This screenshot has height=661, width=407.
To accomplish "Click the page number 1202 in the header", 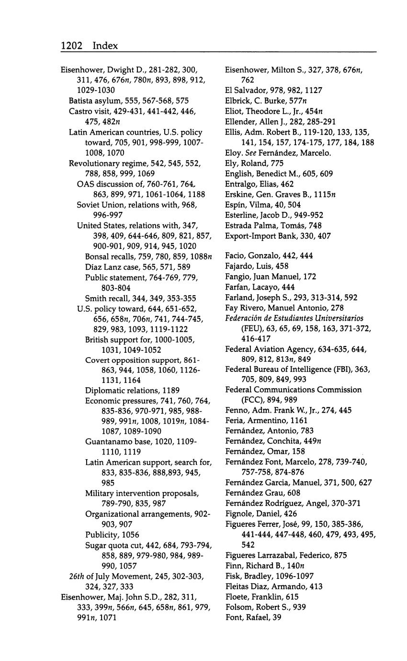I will (72, 46).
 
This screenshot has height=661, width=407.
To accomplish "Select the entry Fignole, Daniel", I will (255, 514).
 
